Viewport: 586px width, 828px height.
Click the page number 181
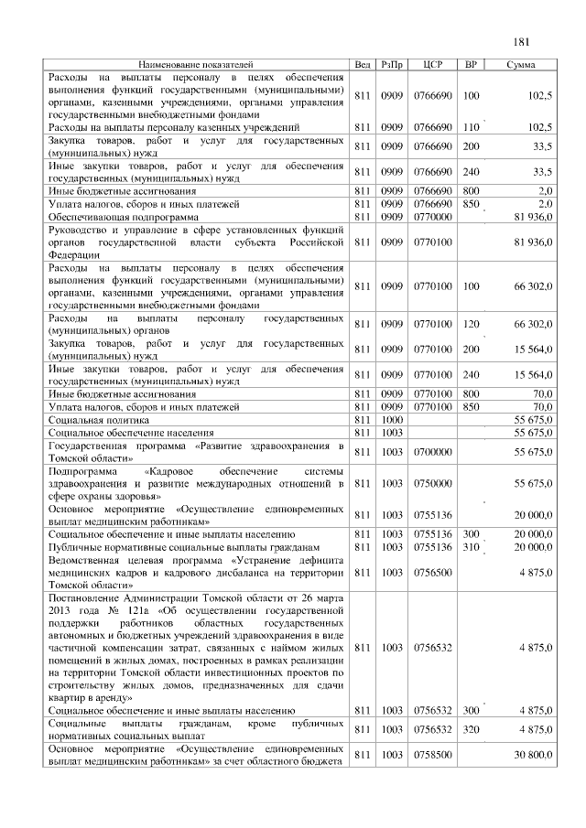click(x=522, y=41)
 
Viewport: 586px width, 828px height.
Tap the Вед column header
click(x=363, y=65)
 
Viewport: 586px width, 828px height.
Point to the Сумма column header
click(x=521, y=65)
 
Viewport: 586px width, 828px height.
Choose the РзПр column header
click(x=393, y=65)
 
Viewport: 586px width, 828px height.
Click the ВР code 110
click(x=472, y=127)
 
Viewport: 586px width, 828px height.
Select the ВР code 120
click(x=472, y=325)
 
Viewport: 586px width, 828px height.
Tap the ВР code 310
click(x=472, y=546)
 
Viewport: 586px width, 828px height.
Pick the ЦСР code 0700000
click(x=434, y=452)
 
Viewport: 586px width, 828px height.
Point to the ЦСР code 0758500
click(x=434, y=755)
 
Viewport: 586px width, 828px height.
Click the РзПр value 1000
click(x=393, y=418)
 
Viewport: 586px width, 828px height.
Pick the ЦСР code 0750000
click(x=434, y=482)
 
